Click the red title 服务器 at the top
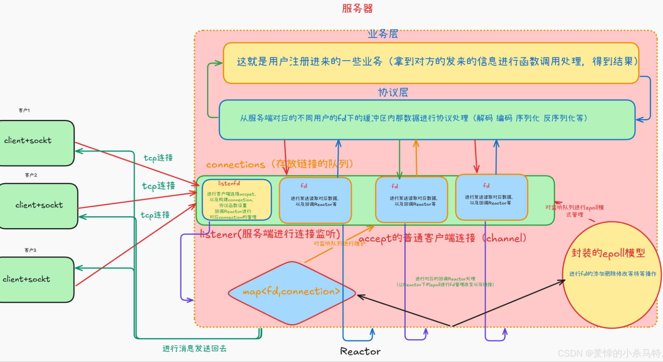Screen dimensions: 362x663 357,8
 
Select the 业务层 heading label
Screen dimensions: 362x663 382,34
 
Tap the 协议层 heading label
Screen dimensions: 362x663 393,92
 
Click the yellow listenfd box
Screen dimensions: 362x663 237,200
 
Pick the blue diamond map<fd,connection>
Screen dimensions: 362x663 292,293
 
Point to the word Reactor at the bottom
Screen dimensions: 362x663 360,351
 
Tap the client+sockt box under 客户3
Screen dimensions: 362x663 37,279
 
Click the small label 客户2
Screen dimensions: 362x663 31,175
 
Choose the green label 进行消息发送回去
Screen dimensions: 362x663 194,348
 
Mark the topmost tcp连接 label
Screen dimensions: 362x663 158,158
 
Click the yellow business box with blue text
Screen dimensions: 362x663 431,63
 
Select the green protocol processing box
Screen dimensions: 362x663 427,120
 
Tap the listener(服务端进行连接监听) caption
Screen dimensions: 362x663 270,234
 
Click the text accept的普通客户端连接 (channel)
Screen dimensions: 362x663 442,238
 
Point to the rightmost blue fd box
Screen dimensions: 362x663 492,197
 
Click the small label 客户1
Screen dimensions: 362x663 24,110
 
